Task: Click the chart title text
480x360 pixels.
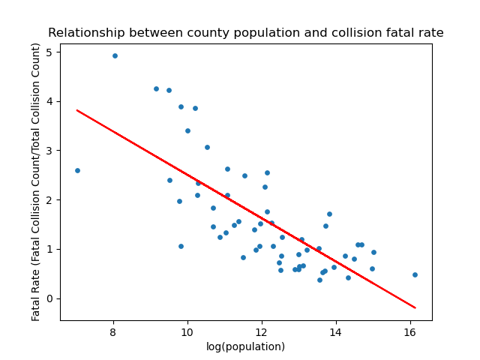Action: pyautogui.click(x=246, y=33)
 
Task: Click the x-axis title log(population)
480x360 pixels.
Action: pyautogui.click(x=246, y=346)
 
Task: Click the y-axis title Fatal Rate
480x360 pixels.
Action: pyautogui.click(x=37, y=181)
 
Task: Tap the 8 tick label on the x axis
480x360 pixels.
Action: pyautogui.click(x=113, y=331)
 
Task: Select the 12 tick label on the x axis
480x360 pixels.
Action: pyautogui.click(x=262, y=331)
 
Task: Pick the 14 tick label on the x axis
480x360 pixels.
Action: pyautogui.click(x=336, y=331)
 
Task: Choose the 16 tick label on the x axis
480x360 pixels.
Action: pyautogui.click(x=410, y=331)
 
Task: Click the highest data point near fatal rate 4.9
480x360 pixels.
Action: pyautogui.click(x=115, y=55)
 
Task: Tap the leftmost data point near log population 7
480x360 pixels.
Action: pyautogui.click(x=77, y=170)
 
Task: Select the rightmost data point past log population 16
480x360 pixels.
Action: pyautogui.click(x=415, y=274)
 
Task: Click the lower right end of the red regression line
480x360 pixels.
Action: pyautogui.click(x=415, y=307)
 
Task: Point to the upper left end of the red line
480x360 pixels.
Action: pyautogui.click(x=77, y=110)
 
